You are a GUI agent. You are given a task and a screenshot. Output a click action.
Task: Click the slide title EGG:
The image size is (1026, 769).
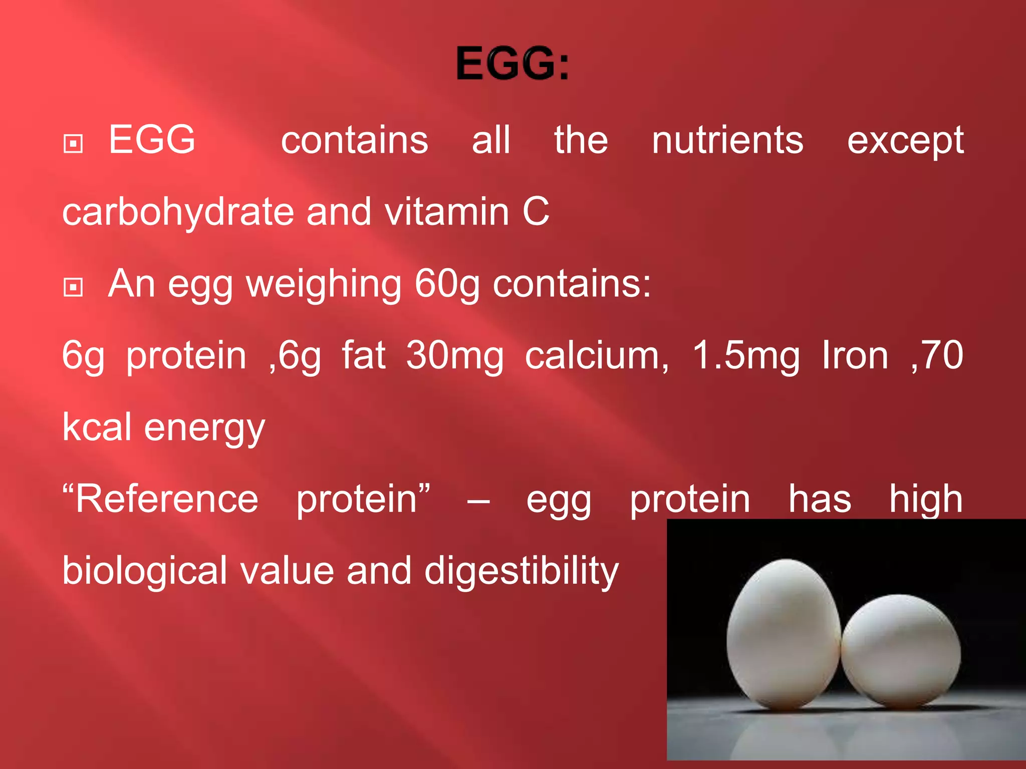(x=512, y=63)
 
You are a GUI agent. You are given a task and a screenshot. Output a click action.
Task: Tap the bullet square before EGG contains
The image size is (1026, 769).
(x=73, y=144)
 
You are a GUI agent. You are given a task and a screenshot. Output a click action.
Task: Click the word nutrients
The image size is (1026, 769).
(x=727, y=140)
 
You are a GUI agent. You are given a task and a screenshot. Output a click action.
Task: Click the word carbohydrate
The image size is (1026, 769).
(x=178, y=212)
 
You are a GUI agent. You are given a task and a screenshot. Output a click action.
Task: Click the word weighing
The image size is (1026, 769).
(x=324, y=284)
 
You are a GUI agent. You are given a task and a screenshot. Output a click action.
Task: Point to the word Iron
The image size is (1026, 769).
(x=855, y=355)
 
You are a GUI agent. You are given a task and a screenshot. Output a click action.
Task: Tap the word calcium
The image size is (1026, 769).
(x=596, y=355)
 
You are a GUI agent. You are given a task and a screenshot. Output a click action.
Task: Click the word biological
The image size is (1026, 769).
(x=145, y=571)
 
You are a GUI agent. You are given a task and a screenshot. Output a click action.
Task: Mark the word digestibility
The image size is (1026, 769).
(x=522, y=571)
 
